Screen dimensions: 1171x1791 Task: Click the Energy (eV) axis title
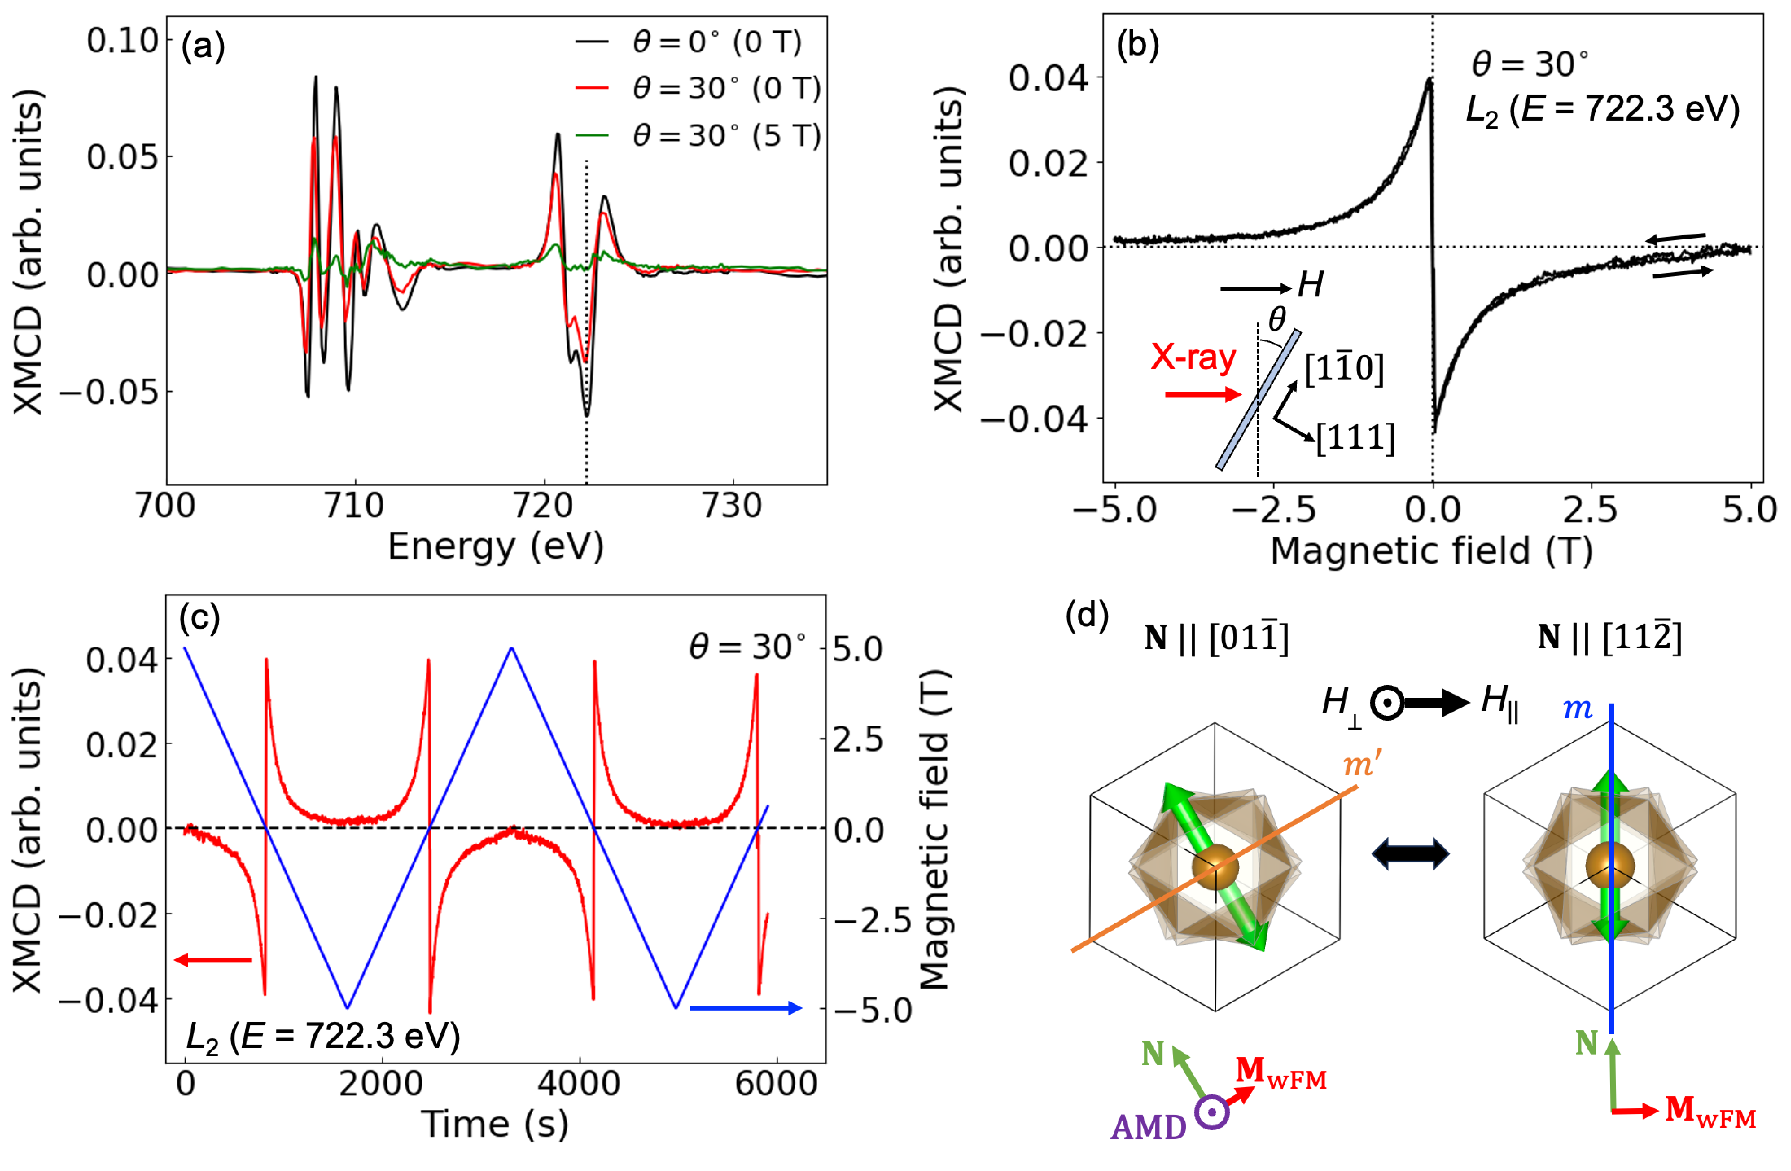point(495,546)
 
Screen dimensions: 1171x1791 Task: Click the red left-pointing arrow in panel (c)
point(213,960)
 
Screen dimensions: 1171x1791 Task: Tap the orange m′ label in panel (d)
point(1362,765)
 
